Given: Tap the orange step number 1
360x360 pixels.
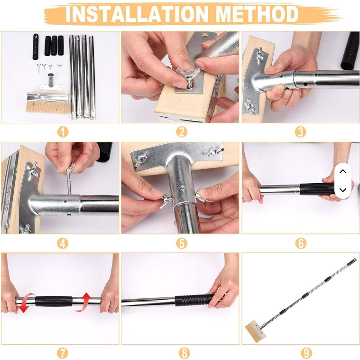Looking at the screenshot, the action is click(63, 132).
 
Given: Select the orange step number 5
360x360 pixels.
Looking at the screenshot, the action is click(182, 243).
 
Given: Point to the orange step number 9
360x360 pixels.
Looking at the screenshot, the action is click(306, 353).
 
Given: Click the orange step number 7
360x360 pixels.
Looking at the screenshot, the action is click(63, 353).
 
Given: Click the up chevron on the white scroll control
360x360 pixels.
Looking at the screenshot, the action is click(343, 171).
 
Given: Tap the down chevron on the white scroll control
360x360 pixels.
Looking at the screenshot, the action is click(343, 190).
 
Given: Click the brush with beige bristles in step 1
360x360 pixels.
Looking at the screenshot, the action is click(47, 103).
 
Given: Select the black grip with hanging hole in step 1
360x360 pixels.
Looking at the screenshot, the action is click(36, 46).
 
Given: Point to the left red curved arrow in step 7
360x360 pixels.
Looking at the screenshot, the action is click(25, 303).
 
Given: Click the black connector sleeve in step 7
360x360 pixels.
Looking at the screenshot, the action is click(54, 301).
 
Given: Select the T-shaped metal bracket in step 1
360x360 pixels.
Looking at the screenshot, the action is click(51, 83).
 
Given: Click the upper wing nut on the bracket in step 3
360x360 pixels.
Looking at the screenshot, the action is click(260, 53).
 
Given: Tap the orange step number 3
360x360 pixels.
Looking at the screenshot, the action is click(300, 132).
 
